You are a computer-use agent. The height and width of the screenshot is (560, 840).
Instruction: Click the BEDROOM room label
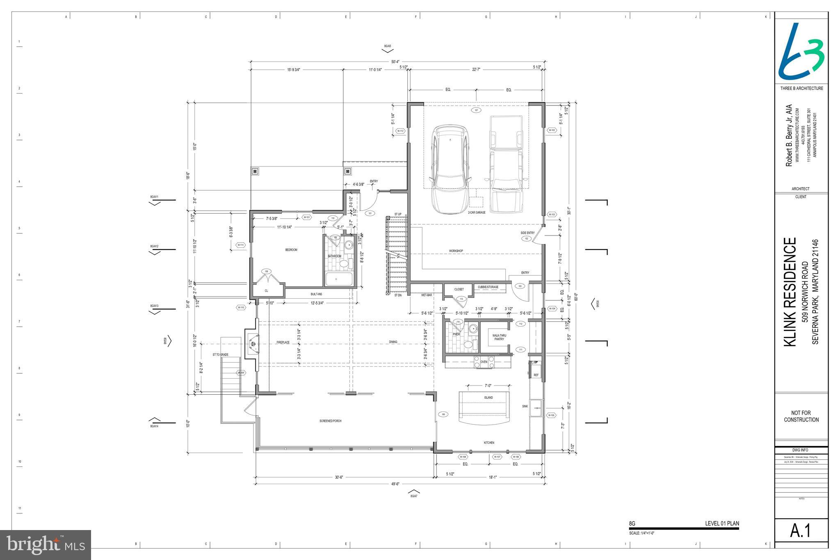[291, 250]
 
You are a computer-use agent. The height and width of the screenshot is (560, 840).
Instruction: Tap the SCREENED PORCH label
[330, 421]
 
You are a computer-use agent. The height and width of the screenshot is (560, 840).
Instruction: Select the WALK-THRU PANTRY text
[499, 337]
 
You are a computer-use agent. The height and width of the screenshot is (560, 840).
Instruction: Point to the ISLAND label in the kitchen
[488, 398]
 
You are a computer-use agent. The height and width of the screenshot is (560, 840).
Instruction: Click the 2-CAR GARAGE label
[477, 213]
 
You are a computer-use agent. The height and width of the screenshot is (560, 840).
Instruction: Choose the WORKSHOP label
[456, 251]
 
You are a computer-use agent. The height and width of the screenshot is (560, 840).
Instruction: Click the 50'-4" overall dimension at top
[395, 62]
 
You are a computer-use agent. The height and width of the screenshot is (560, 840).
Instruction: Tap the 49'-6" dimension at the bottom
[395, 484]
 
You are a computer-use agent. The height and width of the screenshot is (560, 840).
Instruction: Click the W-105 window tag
[552, 415]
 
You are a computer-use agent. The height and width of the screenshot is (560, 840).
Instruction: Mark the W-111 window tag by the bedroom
[241, 245]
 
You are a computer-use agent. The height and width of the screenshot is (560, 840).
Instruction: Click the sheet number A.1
[801, 530]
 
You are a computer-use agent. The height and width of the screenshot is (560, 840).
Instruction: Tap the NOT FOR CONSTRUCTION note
[801, 416]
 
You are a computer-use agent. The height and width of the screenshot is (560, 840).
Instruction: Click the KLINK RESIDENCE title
[790, 292]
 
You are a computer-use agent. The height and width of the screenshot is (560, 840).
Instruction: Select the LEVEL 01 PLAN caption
[722, 523]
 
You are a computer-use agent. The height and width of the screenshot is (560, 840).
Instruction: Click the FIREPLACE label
[283, 342]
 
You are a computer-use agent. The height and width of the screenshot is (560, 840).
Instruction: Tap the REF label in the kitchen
[536, 375]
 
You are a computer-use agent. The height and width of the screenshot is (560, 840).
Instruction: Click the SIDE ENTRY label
[527, 233]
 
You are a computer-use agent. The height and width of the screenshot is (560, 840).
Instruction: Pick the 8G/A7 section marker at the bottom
[414, 496]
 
